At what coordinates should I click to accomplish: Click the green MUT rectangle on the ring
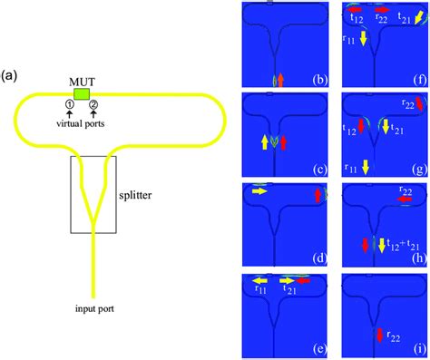point(83,92)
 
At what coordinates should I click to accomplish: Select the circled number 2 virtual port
point(93,105)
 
